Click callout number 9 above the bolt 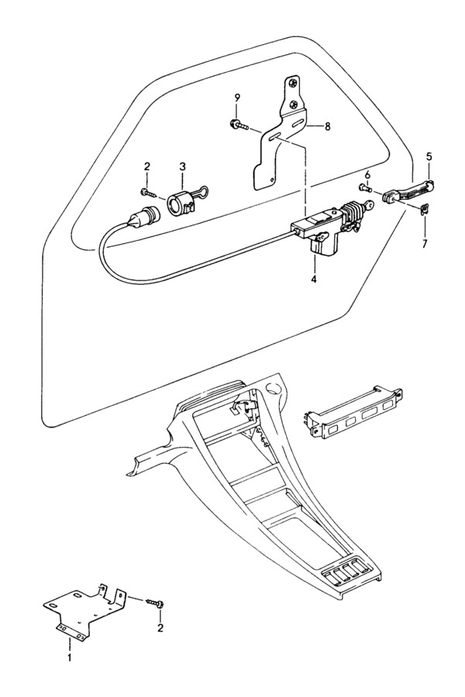(237, 98)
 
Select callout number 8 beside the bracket (327, 127)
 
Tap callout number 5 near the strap (429, 156)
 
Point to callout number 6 (367, 175)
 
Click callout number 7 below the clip (425, 244)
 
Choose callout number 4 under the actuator (314, 280)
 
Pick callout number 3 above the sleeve (182, 167)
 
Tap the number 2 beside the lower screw (160, 628)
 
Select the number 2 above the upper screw (146, 167)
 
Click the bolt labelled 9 (238, 125)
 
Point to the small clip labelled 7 (425, 208)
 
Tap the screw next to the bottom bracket (154, 603)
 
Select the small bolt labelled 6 (365, 187)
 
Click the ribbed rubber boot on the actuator (352, 211)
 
